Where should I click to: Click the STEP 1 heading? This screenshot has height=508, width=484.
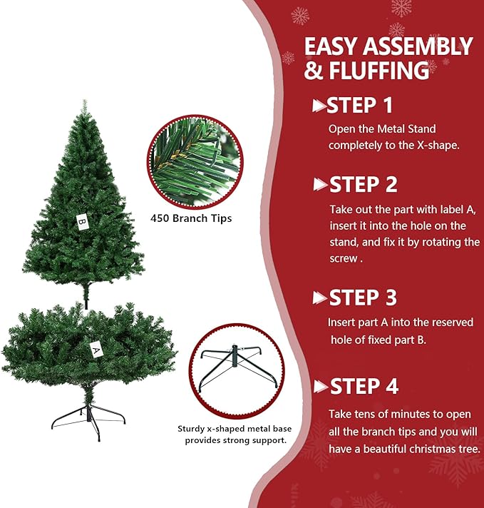[359, 106]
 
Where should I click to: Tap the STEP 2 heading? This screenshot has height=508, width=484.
[363, 185]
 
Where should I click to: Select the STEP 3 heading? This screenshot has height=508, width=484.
[363, 298]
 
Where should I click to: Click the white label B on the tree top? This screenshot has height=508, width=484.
[82, 221]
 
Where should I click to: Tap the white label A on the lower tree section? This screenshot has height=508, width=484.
[95, 350]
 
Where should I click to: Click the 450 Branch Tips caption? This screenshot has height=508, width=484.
[191, 218]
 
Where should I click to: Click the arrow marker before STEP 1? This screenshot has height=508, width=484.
[319, 106]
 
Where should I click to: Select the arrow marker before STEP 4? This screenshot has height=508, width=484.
[320, 387]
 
